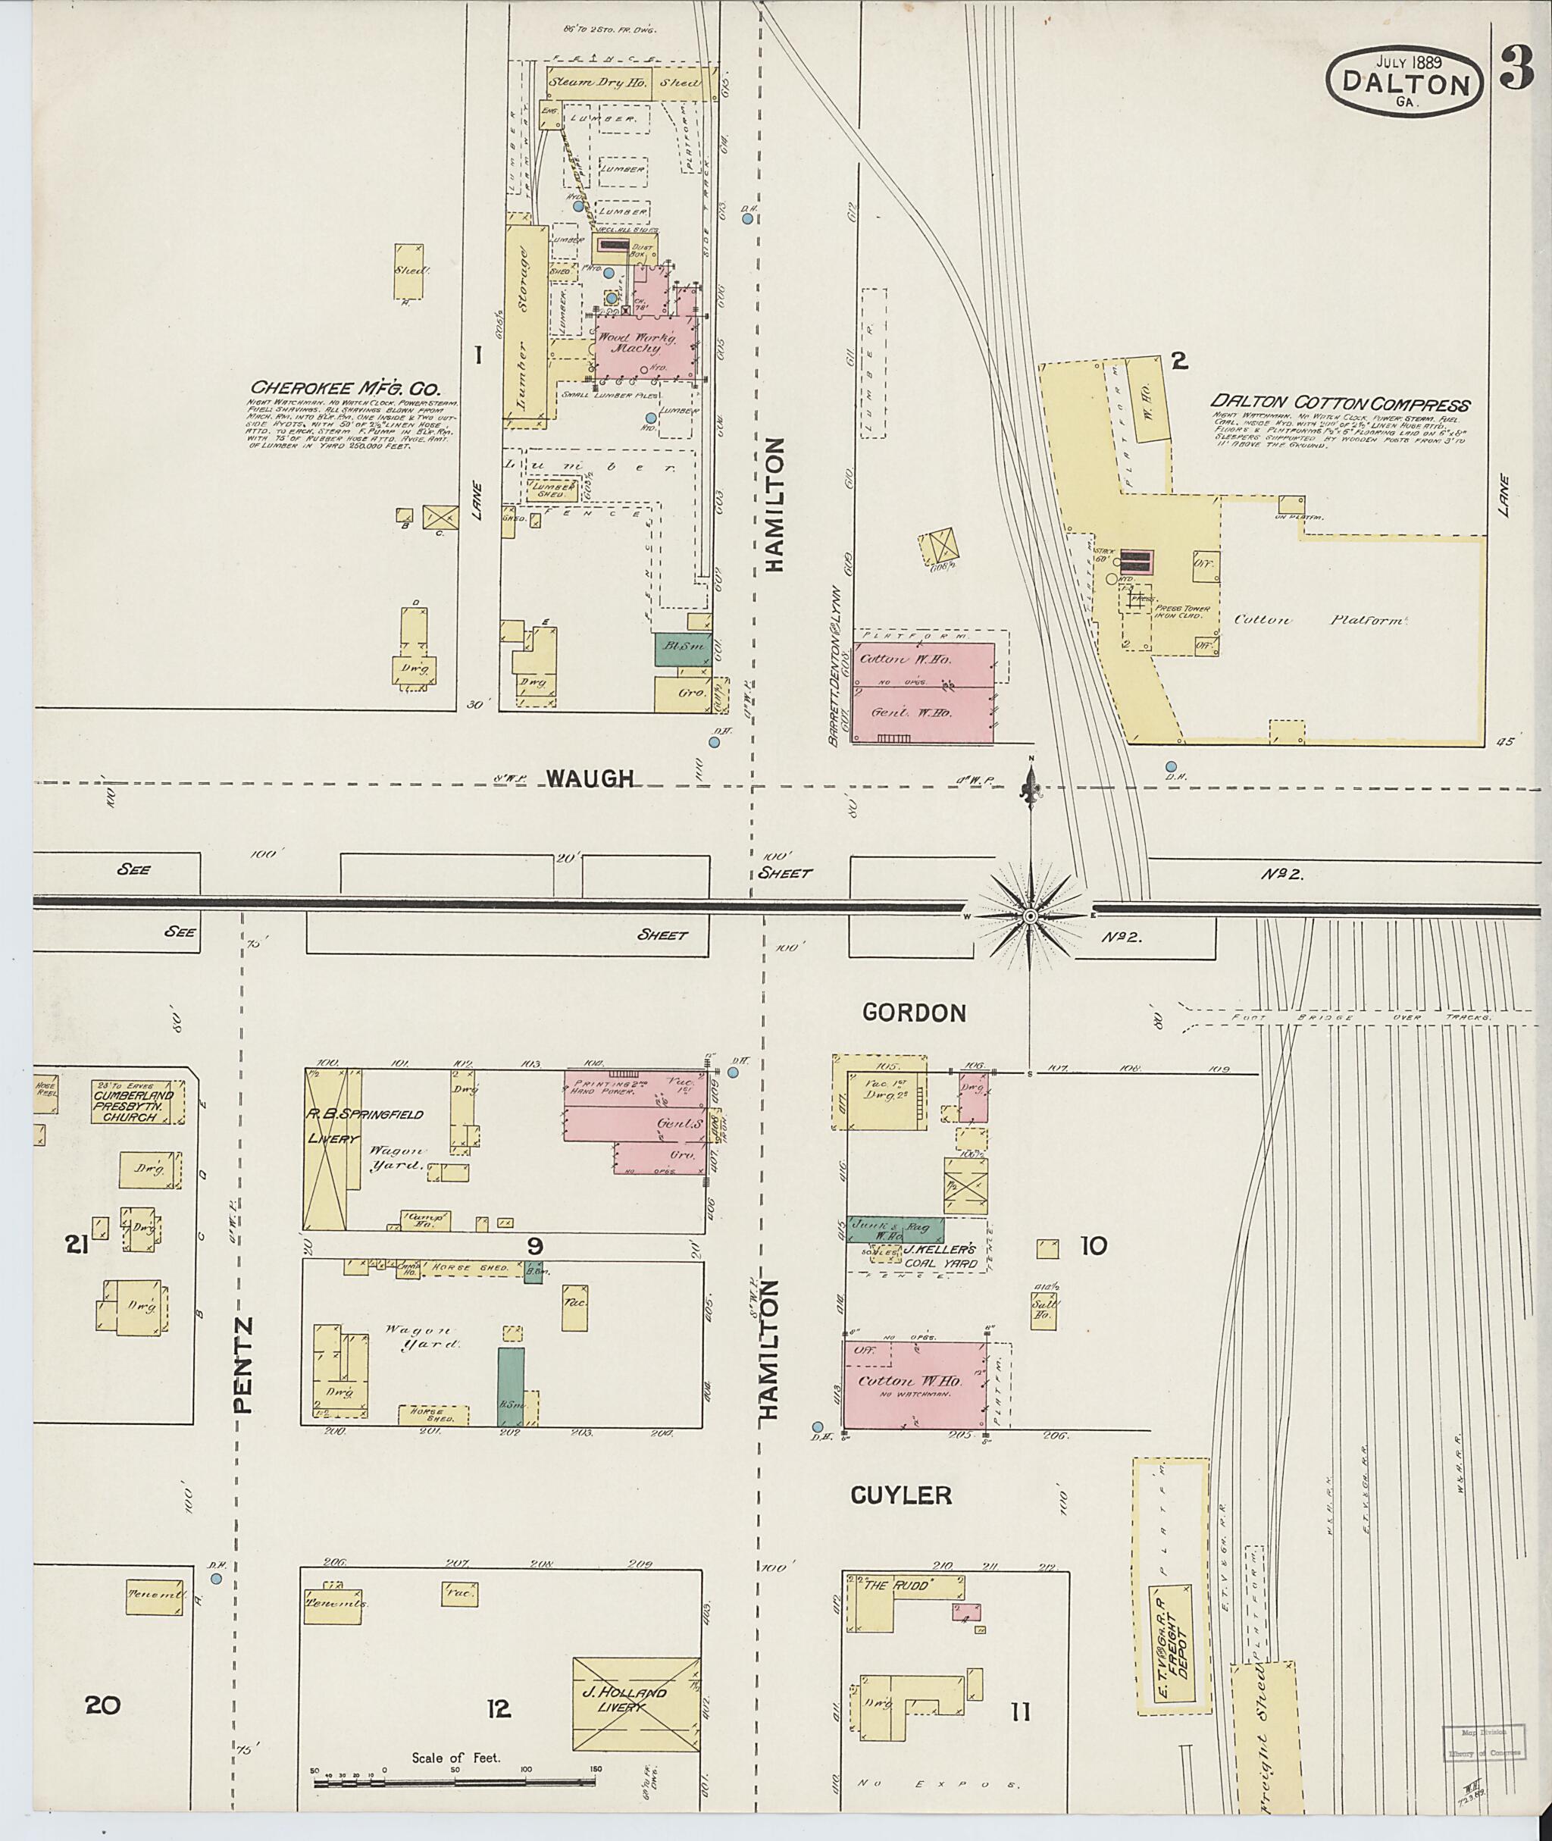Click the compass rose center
tap(1029, 916)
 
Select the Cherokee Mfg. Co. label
tap(345, 387)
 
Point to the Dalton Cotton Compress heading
tap(1341, 405)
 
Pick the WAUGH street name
tap(590, 778)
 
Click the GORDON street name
tap(914, 1013)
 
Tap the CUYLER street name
tap(901, 1495)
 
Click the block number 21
tap(77, 1245)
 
